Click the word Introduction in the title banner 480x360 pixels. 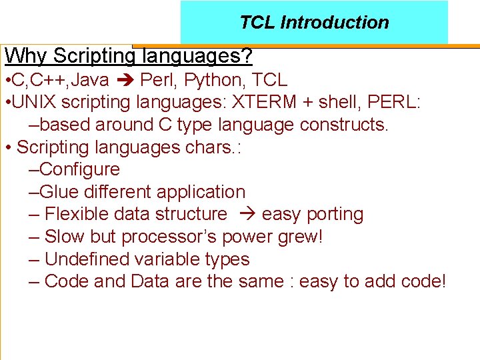click(x=335, y=23)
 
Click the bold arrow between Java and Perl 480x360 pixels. click(x=125, y=81)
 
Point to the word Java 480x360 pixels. click(x=89, y=81)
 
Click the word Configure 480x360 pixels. click(x=79, y=169)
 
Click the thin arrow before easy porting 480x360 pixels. click(x=245, y=214)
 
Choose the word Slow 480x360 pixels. click(x=64, y=237)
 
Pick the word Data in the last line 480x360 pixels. click(x=150, y=281)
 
